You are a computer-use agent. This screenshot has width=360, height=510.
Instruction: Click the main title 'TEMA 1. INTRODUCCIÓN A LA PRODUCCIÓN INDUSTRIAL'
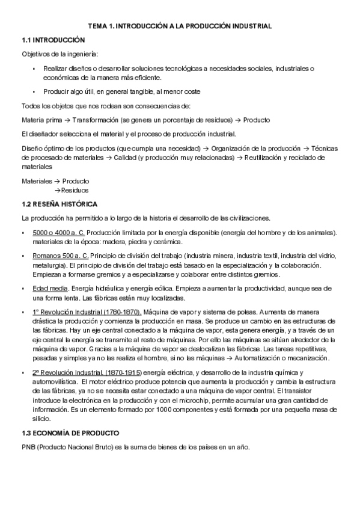(180, 26)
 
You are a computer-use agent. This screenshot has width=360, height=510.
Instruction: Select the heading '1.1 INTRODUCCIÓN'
(50, 40)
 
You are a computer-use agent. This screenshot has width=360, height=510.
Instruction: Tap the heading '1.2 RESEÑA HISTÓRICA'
(59, 204)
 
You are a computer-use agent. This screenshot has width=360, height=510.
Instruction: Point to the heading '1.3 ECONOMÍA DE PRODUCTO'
(70, 433)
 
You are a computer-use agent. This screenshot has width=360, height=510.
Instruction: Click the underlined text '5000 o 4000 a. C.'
(59, 233)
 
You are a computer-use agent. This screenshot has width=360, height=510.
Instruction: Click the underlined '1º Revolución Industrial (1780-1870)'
(87, 312)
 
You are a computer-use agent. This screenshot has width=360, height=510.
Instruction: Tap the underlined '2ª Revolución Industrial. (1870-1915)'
(88, 373)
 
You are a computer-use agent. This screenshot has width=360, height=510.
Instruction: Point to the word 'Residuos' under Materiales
(76, 189)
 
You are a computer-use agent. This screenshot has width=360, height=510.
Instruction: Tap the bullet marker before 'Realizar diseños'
(34, 69)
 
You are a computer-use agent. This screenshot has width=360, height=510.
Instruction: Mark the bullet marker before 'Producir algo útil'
(34, 91)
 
